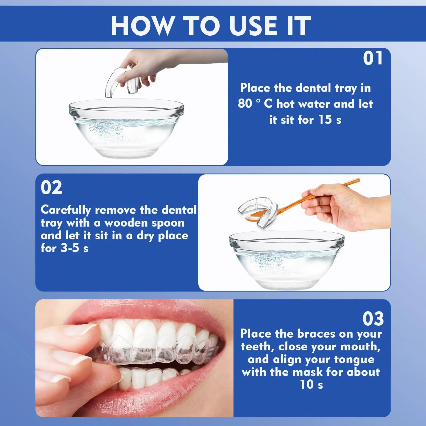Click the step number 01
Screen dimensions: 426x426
tap(373, 58)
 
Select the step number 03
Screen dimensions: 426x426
tap(373, 318)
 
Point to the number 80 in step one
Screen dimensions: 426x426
tap(245, 104)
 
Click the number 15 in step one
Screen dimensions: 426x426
tap(325, 120)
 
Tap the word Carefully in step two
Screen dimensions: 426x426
tap(66, 210)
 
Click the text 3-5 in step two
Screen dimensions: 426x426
tap(70, 248)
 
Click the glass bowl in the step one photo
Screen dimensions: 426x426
tap(126, 128)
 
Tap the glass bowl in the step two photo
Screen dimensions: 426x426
tap(287, 260)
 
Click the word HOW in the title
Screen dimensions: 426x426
tap(142, 26)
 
